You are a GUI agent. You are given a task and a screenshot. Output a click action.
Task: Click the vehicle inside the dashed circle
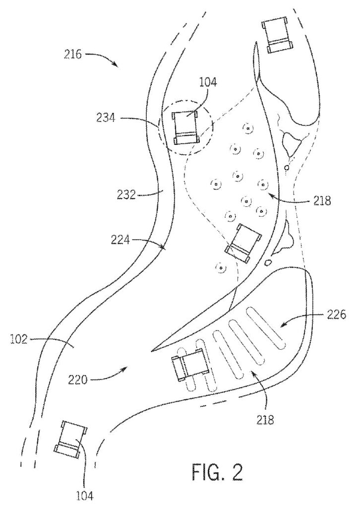pos(185,127)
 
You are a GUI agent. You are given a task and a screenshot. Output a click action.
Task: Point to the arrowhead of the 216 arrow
pos(117,66)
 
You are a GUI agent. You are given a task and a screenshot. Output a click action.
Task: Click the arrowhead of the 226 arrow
pos(281,326)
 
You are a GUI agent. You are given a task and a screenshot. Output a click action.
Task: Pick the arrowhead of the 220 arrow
pos(128,368)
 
